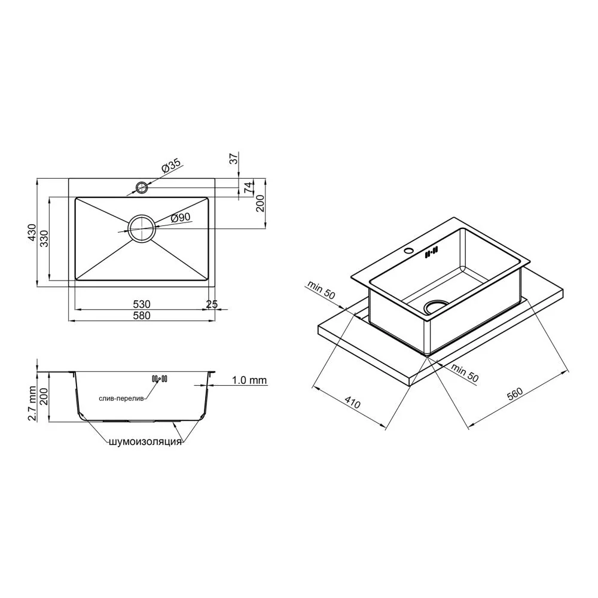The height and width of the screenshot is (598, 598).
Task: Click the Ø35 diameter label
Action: pyautogui.click(x=171, y=166)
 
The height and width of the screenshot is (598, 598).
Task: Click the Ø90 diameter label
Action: pyautogui.click(x=181, y=218)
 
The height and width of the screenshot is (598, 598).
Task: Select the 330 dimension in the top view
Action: pyautogui.click(x=45, y=239)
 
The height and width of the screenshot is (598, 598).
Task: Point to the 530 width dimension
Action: pyautogui.click(x=142, y=304)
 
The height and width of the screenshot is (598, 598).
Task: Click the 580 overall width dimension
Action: pyautogui.click(x=142, y=315)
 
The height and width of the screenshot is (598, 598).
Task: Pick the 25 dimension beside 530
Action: pyautogui.click(x=212, y=304)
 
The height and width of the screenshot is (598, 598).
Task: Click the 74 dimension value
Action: pyautogui.click(x=248, y=187)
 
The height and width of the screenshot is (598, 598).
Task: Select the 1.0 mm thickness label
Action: pyautogui.click(x=249, y=380)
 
